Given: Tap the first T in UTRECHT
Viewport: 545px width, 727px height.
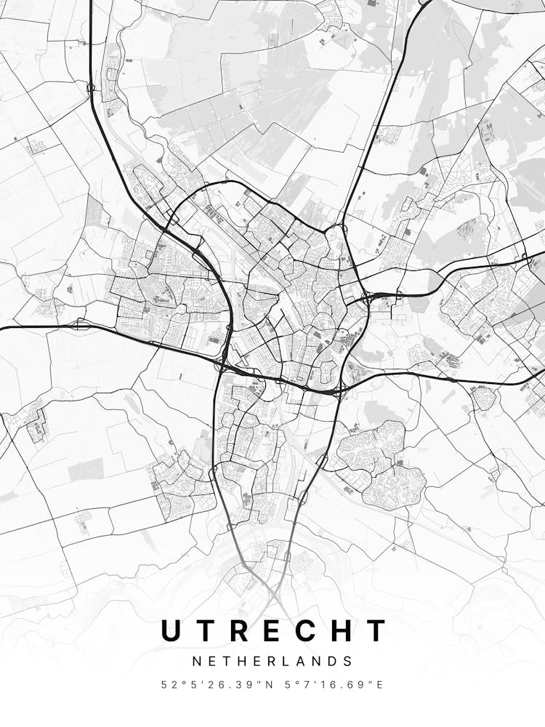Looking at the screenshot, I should (x=209, y=630).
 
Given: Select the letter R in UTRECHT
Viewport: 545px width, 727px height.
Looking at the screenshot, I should (x=245, y=630).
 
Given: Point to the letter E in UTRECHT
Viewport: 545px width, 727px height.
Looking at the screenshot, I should (x=280, y=630).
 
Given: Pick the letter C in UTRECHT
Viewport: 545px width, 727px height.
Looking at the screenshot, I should (x=315, y=630).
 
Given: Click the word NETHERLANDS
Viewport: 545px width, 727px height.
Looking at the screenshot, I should (x=272, y=662).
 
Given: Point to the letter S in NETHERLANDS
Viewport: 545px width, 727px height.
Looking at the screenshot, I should (x=349, y=662).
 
